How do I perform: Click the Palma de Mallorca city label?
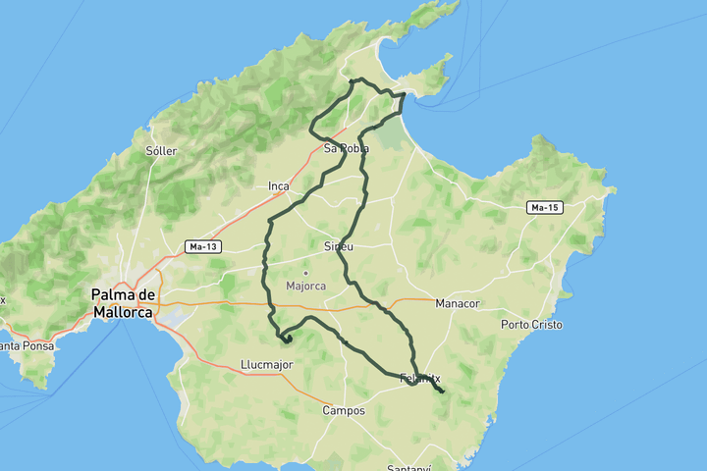124,303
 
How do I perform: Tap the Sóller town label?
160,151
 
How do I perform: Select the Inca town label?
279,185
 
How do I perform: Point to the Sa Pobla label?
346,149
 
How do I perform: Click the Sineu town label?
338,246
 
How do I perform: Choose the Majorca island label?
304,287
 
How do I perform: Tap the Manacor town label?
458,303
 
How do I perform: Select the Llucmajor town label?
266,364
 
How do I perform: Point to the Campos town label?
344,411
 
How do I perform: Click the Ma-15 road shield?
543,208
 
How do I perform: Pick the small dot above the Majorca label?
304,273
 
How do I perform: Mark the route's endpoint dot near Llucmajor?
288,340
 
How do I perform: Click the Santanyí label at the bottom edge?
409,468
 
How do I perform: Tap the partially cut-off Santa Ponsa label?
22,345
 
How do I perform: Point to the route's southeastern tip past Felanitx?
442,392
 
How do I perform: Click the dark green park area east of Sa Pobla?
391,132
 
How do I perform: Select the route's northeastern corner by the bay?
404,95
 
